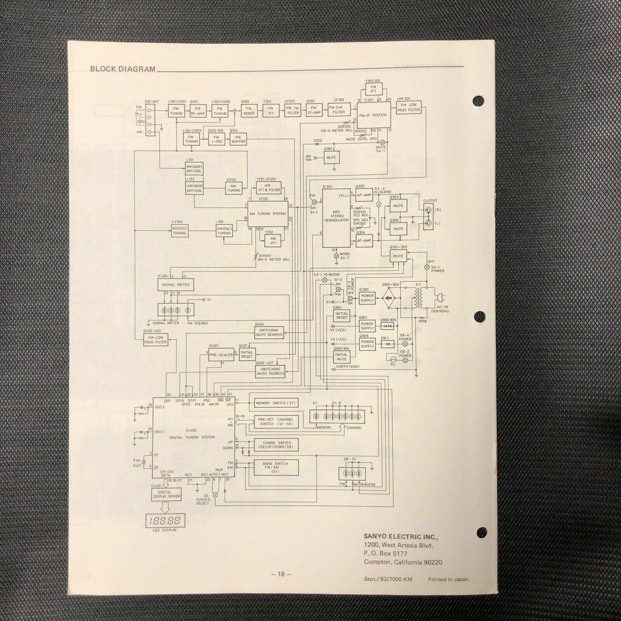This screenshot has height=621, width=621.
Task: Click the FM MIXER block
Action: pyautogui.click(x=249, y=111)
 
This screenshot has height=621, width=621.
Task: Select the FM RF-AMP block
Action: pyautogui.click(x=198, y=111)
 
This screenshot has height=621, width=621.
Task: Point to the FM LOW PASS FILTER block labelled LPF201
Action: pyautogui.click(x=409, y=107)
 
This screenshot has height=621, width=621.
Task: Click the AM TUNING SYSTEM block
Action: pyautogui.click(x=268, y=213)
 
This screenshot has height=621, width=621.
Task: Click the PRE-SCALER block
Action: pyautogui.click(x=221, y=355)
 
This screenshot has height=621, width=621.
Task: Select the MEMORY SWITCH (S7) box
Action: pyautogui.click(x=275, y=403)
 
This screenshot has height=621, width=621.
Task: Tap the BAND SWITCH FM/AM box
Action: pyautogui.click(x=275, y=467)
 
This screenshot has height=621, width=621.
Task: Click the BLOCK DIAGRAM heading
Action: pyautogui.click(x=123, y=69)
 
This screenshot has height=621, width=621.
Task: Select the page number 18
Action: pyautogui.click(x=281, y=574)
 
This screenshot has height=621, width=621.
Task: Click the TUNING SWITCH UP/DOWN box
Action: pyautogui.click(x=276, y=445)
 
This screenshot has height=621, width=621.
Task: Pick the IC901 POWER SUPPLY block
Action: pyautogui.click(x=367, y=298)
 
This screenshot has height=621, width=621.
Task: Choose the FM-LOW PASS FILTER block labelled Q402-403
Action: pyautogui.click(x=155, y=340)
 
